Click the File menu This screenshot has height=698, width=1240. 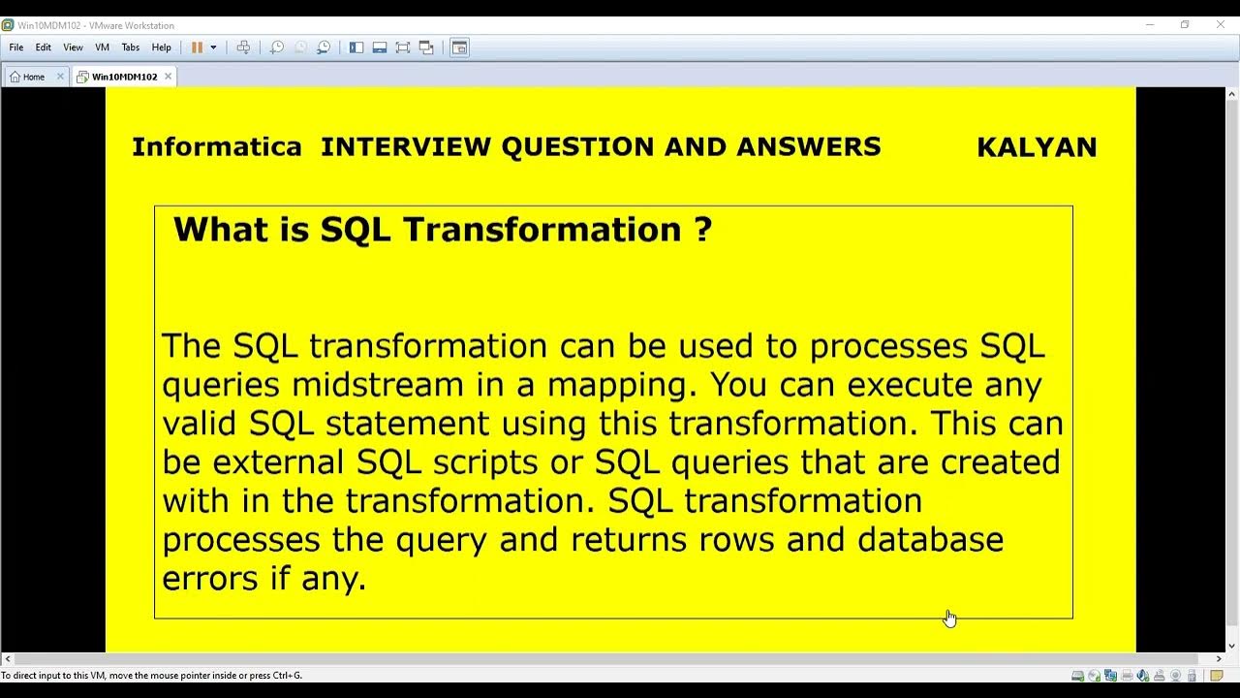pos(16,48)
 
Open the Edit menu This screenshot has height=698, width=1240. pos(44,48)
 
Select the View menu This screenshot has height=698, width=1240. pos(73,48)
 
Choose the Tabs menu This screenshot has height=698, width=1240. pos(131,48)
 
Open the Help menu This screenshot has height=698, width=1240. pos(162,48)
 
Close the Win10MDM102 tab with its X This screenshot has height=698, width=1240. pos(168,77)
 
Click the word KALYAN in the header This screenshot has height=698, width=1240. pos(1037,147)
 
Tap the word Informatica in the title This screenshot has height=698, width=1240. pos(216,147)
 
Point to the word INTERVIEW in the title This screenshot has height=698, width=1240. pos(406,147)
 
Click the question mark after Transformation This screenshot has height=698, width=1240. pos(703,230)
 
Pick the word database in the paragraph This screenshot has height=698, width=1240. pos(930,540)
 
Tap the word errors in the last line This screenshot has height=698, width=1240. pos(209,579)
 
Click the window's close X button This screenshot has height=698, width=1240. pos(1221,25)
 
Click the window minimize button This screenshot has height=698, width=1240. pos(1150,25)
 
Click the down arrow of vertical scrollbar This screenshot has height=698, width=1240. pos(1232,646)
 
